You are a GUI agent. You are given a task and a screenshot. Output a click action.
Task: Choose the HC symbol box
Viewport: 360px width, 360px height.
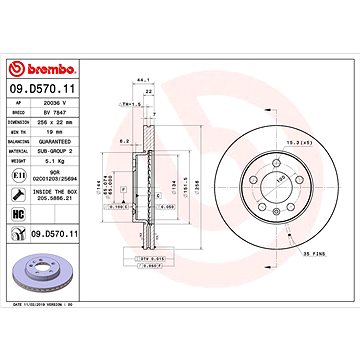(19, 213)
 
